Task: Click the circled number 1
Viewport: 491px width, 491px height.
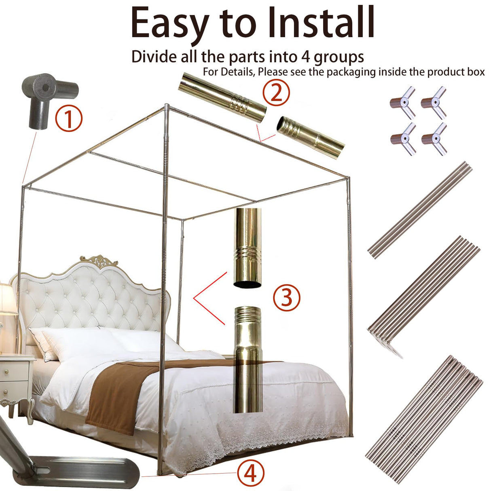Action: click(x=69, y=118)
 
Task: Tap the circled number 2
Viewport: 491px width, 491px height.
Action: click(x=276, y=93)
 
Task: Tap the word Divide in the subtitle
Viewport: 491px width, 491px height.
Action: click(x=154, y=57)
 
